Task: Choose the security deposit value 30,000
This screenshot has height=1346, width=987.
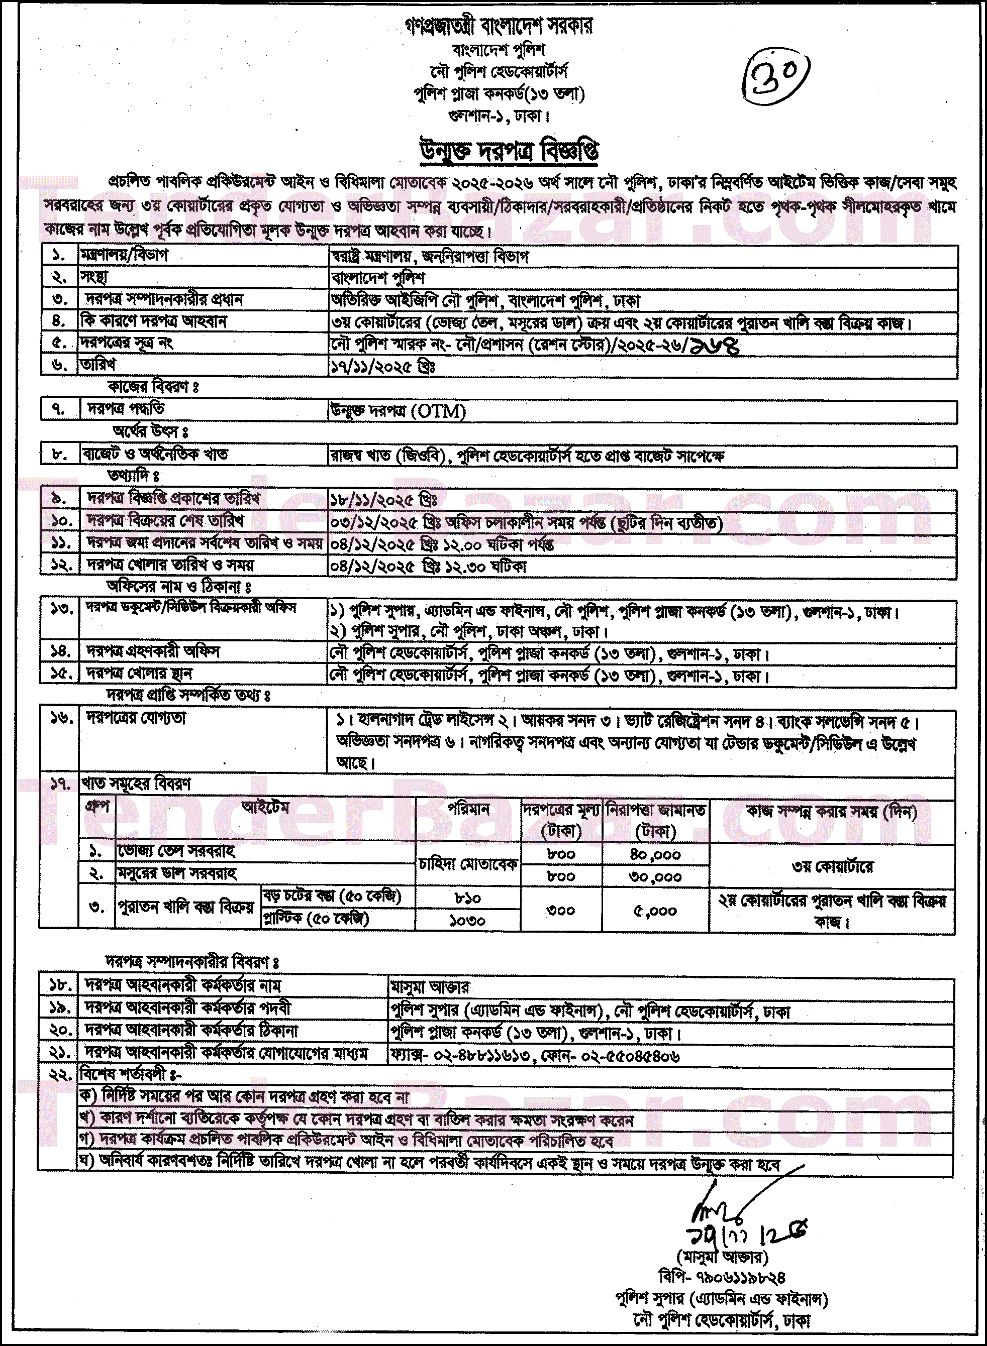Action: [x=655, y=876]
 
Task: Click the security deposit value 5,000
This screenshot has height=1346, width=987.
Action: [x=655, y=911]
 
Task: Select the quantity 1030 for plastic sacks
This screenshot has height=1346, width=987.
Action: [x=467, y=920]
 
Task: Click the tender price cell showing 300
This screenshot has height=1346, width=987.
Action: [x=560, y=911]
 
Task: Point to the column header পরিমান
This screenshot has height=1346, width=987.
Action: [x=468, y=810]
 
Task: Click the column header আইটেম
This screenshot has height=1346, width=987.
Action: [x=265, y=808]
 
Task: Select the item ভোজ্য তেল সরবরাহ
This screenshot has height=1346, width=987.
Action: [x=176, y=850]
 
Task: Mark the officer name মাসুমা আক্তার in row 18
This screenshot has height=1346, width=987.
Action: [x=430, y=986]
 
